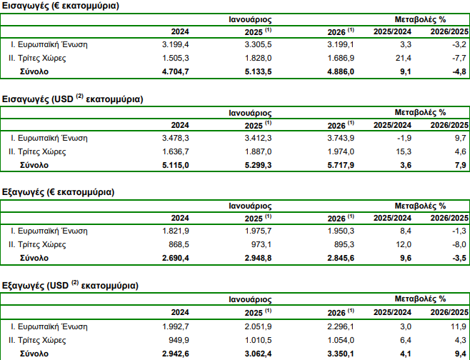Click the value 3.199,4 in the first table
175,45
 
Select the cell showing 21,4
403,58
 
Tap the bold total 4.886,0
341,71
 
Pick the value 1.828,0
258,58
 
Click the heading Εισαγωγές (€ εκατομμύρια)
61,6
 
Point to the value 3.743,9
341,138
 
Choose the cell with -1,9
404,138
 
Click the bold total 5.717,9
341,165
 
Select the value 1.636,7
175,151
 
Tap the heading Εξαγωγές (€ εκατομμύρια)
58,192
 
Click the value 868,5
179,244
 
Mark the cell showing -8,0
459,244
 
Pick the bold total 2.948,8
258,258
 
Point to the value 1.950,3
341,231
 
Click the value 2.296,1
341,326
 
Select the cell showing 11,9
459,326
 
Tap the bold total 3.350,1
341,354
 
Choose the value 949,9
179,340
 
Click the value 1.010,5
258,340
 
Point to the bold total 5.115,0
175,165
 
